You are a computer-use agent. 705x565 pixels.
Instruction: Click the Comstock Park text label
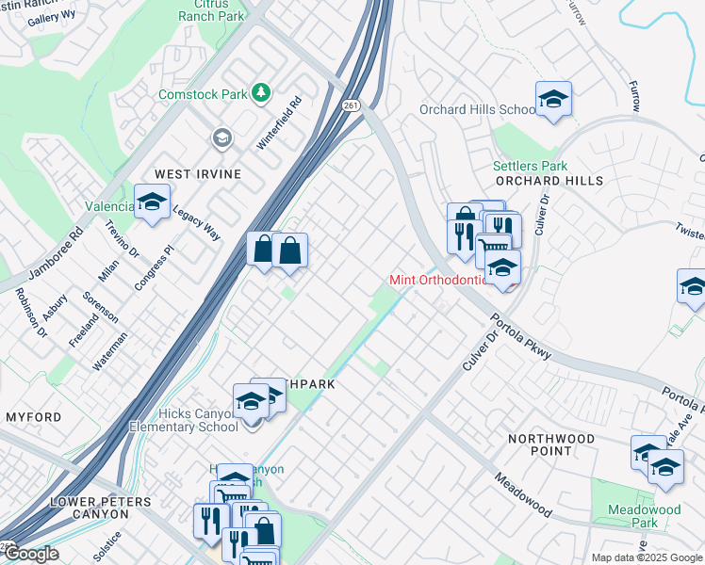[202, 94]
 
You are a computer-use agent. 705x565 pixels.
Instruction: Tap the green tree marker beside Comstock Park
[261, 93]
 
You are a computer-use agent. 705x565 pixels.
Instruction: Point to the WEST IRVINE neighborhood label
[198, 174]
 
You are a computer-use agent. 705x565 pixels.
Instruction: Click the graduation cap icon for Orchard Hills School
[552, 99]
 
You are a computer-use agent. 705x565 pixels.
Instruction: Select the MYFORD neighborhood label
[33, 417]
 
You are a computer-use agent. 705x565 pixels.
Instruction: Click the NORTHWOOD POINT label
[551, 445]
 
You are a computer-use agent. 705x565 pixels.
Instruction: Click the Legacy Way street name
[196, 223]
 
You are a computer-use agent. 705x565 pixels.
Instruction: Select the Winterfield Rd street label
[279, 123]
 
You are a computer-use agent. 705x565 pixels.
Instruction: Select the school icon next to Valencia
[151, 202]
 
